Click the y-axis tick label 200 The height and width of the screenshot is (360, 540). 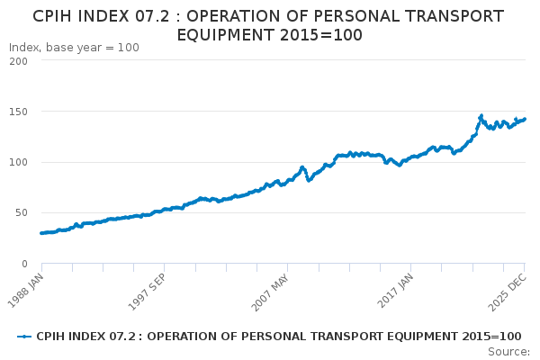point(17,61)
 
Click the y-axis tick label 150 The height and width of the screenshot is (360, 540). point(17,112)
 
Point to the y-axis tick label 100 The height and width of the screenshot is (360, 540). point(17,162)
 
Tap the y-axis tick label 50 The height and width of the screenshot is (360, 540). point(20,213)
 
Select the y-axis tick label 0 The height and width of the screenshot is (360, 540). point(23,264)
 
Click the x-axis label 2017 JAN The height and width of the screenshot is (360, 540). point(395,284)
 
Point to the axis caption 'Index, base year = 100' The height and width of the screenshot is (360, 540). point(74,47)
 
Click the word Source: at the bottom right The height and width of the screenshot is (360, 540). point(508,351)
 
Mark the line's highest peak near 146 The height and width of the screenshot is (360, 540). point(481,116)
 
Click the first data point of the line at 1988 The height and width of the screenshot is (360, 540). point(41,233)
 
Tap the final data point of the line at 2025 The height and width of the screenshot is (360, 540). point(525,120)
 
